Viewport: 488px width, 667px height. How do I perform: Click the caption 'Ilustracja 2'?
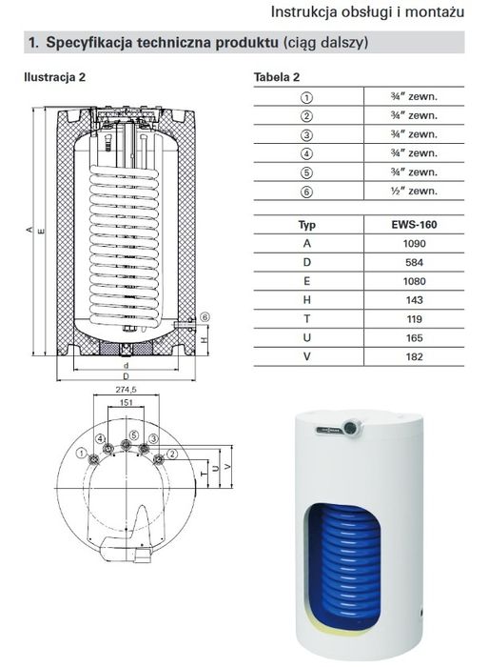[x=54, y=75]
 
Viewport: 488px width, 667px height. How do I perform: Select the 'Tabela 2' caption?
[x=277, y=75]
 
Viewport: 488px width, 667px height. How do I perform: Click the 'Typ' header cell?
[x=306, y=227]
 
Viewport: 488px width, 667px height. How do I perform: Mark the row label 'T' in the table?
[x=306, y=319]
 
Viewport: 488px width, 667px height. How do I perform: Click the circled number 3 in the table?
[x=306, y=135]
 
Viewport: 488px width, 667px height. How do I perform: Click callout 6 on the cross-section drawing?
[x=204, y=317]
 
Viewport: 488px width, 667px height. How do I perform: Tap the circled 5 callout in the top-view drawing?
[x=134, y=435]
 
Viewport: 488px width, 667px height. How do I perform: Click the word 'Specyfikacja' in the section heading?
[x=91, y=44]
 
